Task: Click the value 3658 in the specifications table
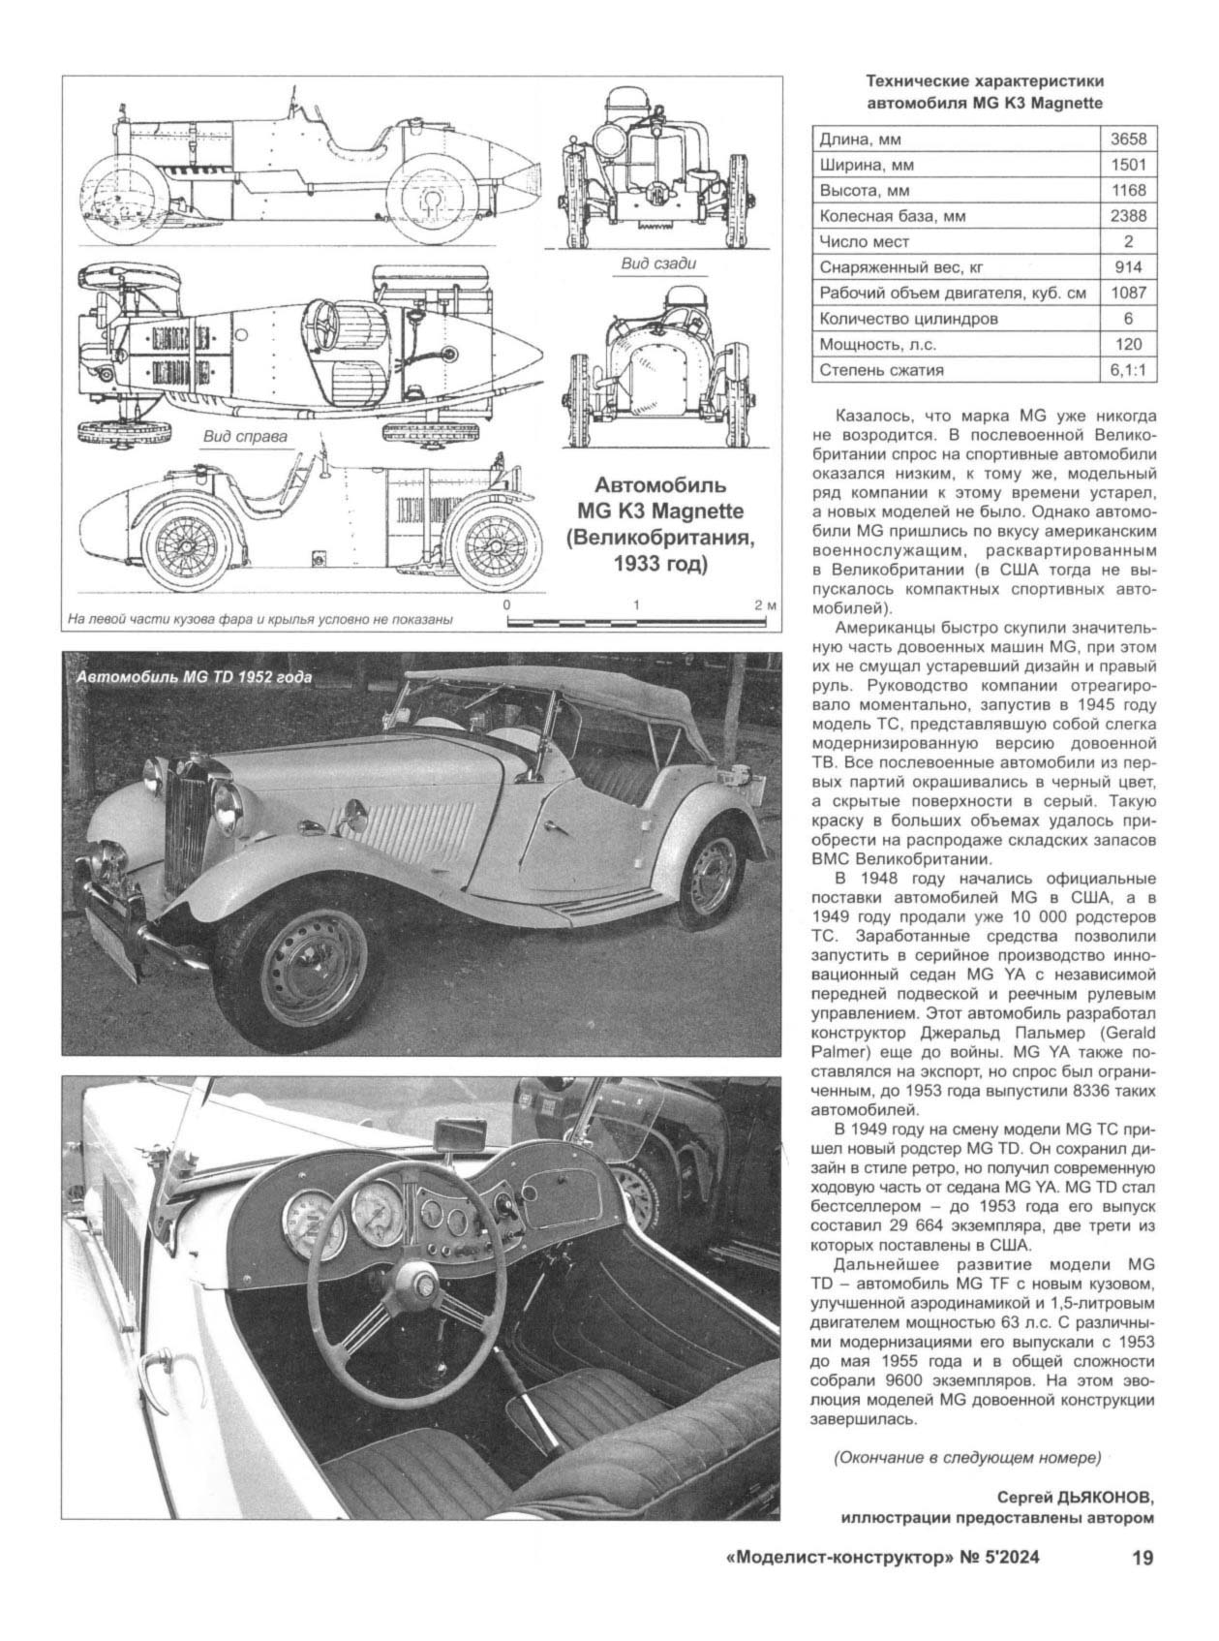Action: tap(1127, 139)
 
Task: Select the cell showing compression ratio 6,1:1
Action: tap(1127, 369)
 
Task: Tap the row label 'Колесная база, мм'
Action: tap(878, 216)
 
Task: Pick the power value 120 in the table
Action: tap(1127, 344)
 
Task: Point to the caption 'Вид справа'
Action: tap(245, 436)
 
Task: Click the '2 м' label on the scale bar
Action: tap(765, 605)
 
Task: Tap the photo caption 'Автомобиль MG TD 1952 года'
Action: tap(195, 678)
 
